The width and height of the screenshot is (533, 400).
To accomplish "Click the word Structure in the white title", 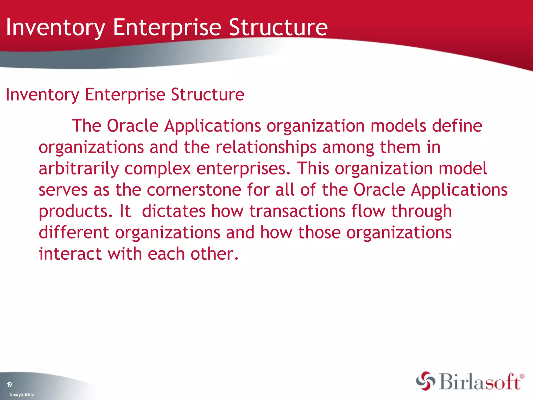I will click(x=278, y=27).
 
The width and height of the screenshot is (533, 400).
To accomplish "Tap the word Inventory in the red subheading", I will click(x=42, y=95).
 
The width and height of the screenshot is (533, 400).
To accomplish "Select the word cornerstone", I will click(x=194, y=190).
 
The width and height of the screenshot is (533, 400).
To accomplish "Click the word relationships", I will click(x=266, y=147).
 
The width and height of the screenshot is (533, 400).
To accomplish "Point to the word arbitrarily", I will click(x=79, y=169).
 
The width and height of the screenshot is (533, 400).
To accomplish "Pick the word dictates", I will click(x=174, y=211).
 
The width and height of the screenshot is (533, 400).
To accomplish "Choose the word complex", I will click(x=157, y=169).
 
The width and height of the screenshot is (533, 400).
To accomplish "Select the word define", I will click(x=457, y=126).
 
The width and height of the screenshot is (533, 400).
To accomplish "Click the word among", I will click(x=348, y=147).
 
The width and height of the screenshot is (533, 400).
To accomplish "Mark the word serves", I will click(x=63, y=190).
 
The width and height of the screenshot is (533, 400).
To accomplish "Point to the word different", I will click(x=74, y=232).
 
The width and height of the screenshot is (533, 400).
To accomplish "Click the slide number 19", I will click(x=9, y=385).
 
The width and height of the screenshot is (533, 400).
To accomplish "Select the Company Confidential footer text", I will click(x=22, y=395).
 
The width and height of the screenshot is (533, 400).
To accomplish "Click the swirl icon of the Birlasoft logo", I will click(x=425, y=381).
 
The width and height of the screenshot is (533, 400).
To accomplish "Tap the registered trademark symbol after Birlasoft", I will click(x=522, y=376).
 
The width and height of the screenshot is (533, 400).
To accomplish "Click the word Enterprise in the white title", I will click(x=167, y=27).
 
